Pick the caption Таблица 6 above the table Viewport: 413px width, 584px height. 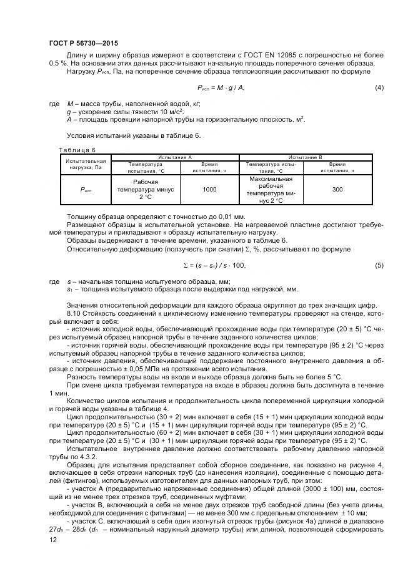click(x=76, y=150)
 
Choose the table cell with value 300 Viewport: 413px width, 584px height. click(x=337, y=189)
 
